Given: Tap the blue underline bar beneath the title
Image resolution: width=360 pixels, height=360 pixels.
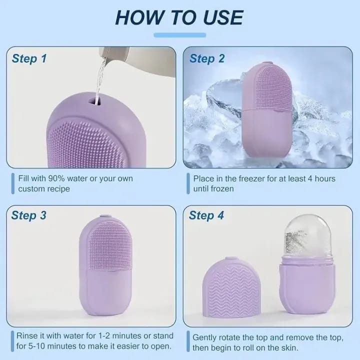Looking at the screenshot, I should click(x=179, y=35).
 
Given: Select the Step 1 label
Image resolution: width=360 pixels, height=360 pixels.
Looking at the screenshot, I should click(x=29, y=58).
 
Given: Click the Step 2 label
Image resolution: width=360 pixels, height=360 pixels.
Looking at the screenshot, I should click(x=207, y=58).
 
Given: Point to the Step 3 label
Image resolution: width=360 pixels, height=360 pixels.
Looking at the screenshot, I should click(x=29, y=215).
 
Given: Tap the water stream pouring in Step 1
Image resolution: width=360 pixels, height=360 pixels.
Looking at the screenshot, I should click(x=102, y=75).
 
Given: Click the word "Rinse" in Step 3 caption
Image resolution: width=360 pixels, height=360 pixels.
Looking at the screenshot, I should click(x=26, y=335).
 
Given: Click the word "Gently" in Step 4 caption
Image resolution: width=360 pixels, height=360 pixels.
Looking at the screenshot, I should click(x=205, y=337).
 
